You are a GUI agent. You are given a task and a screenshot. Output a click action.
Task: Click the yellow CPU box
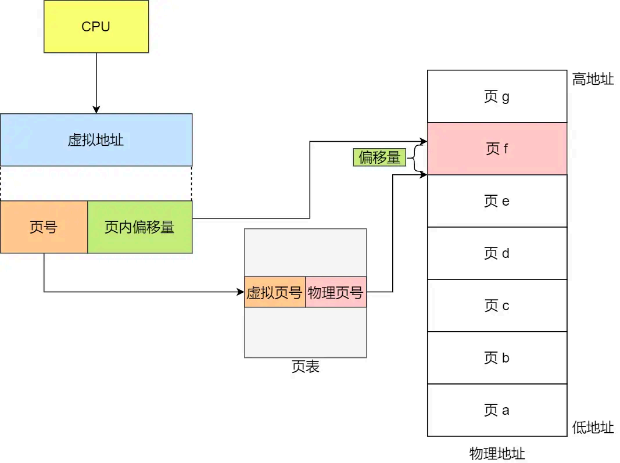tap(96, 27)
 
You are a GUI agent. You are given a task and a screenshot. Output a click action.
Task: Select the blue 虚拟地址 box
tap(96, 140)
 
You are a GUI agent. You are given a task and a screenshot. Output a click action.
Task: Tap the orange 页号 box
tap(44, 227)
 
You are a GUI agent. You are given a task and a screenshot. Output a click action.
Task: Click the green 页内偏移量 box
tap(139, 227)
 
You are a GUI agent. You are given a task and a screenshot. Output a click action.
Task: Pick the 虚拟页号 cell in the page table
tap(275, 292)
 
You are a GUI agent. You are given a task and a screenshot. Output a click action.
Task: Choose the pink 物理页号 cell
tap(336, 292)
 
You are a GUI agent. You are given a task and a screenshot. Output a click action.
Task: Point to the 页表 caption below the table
tap(305, 367)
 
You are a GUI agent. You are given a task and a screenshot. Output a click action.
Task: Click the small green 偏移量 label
tap(379, 157)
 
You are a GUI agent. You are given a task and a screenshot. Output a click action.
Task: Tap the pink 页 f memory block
tap(497, 149)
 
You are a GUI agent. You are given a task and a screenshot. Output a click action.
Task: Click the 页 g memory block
tap(497, 96)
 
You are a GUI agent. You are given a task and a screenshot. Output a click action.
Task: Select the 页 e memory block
tap(497, 201)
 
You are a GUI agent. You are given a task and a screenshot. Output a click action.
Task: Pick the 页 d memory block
tap(497, 253)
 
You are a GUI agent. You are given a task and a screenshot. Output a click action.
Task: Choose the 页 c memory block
tap(497, 306)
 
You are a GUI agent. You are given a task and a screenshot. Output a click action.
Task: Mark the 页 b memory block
tap(497, 358)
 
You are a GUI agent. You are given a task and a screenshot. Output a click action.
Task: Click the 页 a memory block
tap(497, 410)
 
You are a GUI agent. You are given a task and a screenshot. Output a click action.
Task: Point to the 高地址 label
tap(593, 80)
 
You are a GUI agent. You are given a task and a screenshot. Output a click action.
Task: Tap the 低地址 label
tap(593, 428)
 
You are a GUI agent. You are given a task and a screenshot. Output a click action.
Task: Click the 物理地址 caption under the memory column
tap(497, 453)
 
